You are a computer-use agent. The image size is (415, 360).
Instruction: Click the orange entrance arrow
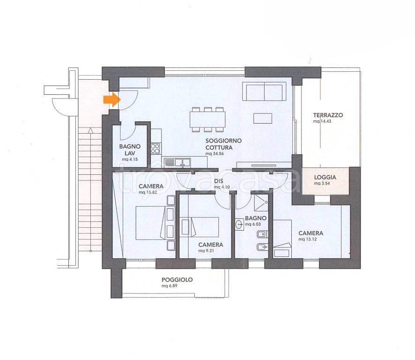coord(112,99)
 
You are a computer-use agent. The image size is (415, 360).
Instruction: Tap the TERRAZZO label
coord(328,115)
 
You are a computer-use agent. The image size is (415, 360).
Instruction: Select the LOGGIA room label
coord(325,178)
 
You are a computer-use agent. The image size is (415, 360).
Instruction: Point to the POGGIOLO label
coord(177,280)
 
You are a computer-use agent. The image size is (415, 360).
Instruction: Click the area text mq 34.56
coord(215,154)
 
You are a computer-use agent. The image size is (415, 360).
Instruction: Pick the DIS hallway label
coord(219,181)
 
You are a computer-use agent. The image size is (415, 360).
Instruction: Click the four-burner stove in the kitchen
coord(156,149)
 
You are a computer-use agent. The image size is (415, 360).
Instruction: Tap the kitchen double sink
coord(178,162)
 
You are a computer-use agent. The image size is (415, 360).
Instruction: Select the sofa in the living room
coord(264,91)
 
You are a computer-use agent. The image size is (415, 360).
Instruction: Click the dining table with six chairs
coord(207,120)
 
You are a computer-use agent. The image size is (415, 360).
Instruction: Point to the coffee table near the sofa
coord(263,119)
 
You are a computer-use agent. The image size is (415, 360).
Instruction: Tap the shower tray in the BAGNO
coord(261,202)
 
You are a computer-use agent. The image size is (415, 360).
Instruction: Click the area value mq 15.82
coord(148,192)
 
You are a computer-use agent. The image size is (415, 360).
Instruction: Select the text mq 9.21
coord(206,251)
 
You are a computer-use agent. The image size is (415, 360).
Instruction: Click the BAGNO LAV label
coord(130,150)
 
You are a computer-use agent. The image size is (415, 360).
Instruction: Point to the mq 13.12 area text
coord(308,239)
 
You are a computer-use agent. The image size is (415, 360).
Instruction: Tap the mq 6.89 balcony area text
coord(170,286)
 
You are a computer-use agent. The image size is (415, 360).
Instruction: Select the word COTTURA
coord(219,148)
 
